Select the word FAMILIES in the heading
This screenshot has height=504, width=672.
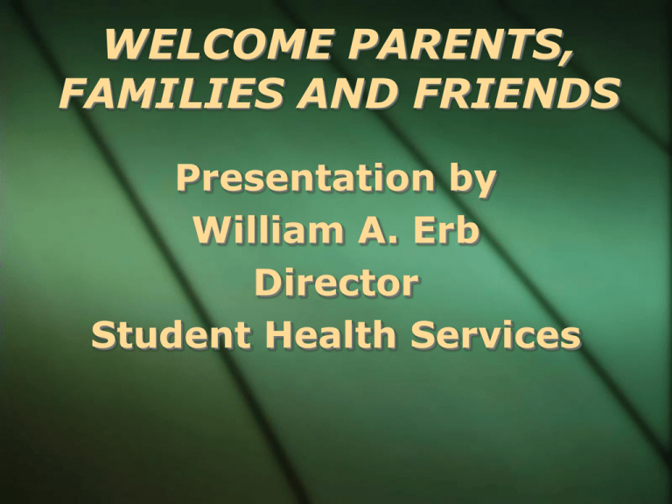pyautogui.click(x=163, y=94)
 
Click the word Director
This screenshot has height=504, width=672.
pyautogui.click(x=335, y=285)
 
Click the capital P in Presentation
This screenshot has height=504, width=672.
pyautogui.click(x=188, y=181)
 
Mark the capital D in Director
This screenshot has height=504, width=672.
pyautogui.click(x=266, y=285)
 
